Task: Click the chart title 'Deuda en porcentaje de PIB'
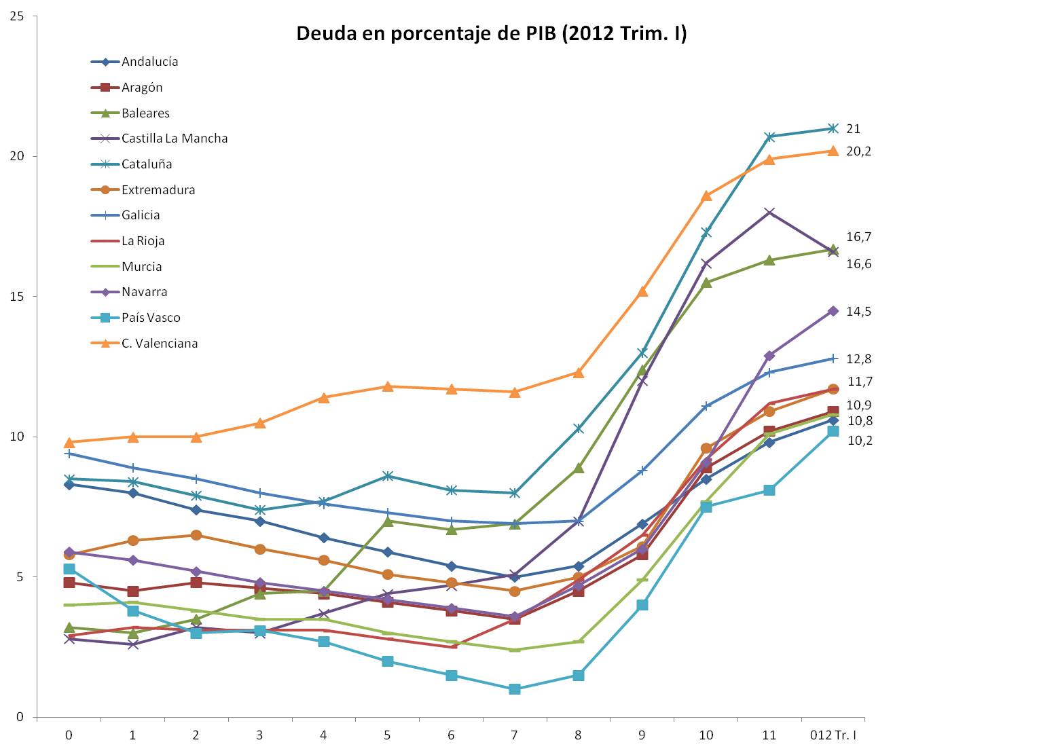pyautogui.click(x=491, y=34)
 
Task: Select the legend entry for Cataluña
pyautogui.click(x=147, y=164)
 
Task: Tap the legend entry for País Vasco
pyautogui.click(x=151, y=318)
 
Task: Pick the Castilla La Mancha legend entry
pyautogui.click(x=175, y=139)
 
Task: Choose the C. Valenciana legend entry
pyautogui.click(x=160, y=344)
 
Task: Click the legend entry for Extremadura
pyautogui.click(x=158, y=190)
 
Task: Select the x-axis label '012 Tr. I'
pyautogui.click(x=833, y=735)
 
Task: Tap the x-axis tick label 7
pyautogui.click(x=514, y=735)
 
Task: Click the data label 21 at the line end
pyautogui.click(x=853, y=129)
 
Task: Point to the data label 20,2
pyautogui.click(x=858, y=151)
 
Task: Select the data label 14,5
pyautogui.click(x=858, y=312)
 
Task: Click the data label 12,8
pyautogui.click(x=858, y=359)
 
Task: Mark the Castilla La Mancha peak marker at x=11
pyautogui.click(x=769, y=213)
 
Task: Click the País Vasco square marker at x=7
pyautogui.click(x=514, y=689)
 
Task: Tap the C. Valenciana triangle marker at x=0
pyautogui.click(x=69, y=442)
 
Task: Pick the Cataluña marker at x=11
pyautogui.click(x=769, y=137)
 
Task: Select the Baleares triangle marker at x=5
pyautogui.click(x=387, y=521)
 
